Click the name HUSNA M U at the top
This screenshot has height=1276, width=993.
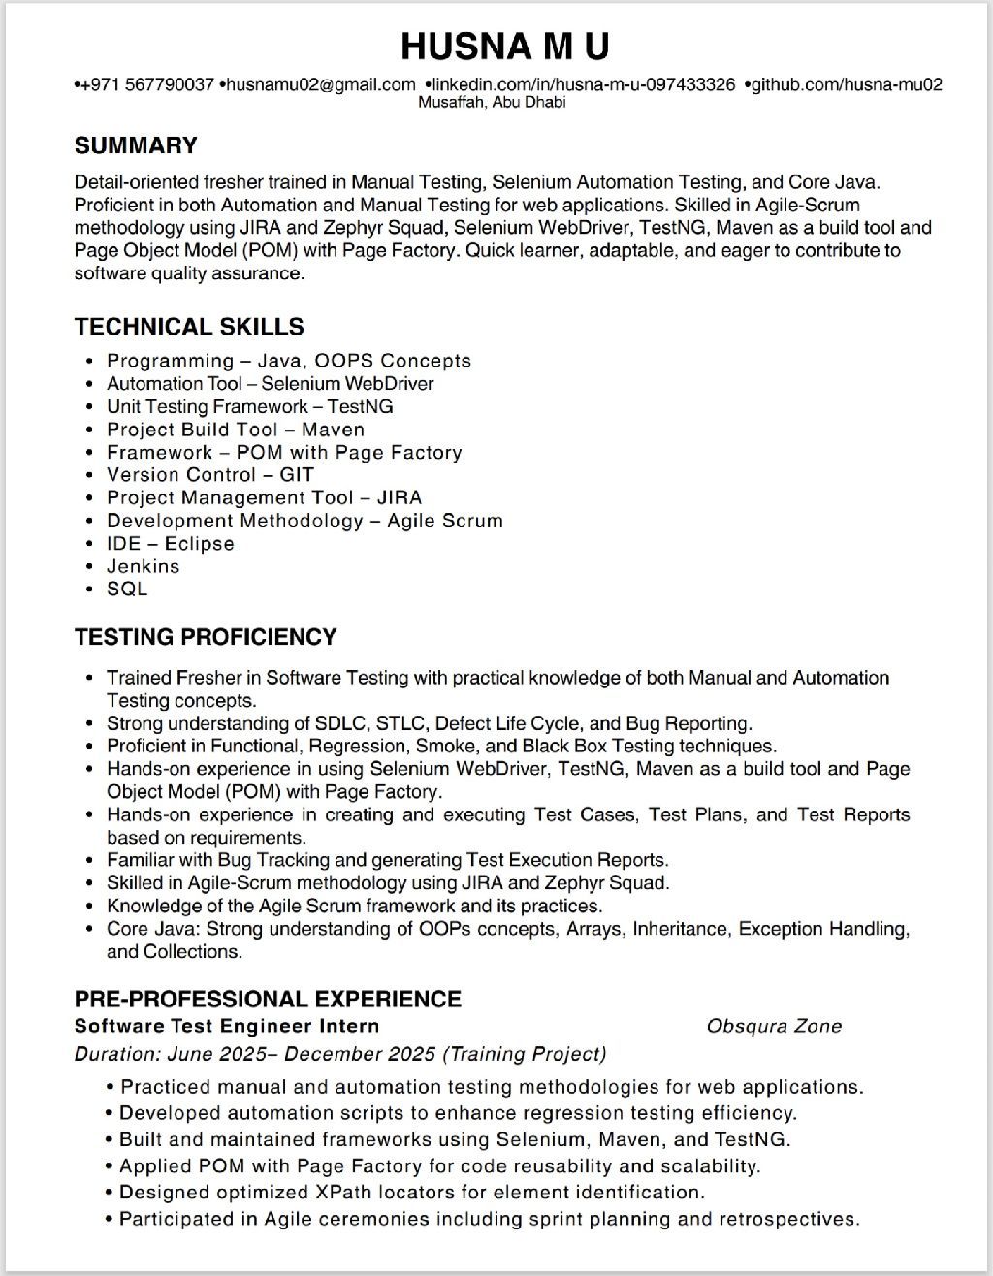(x=504, y=46)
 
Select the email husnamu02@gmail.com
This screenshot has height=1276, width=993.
(x=321, y=85)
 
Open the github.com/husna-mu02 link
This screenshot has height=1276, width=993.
(x=846, y=85)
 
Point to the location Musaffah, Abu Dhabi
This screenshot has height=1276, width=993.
(x=492, y=103)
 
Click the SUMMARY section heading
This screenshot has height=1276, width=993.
(x=136, y=146)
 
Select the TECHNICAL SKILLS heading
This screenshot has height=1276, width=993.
(x=189, y=327)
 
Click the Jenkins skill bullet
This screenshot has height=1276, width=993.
(x=143, y=566)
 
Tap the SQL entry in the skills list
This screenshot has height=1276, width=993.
(x=127, y=590)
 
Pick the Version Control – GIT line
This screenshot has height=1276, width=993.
(x=210, y=475)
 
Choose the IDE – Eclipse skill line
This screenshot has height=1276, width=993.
(x=171, y=544)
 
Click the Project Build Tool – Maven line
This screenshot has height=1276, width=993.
(x=236, y=430)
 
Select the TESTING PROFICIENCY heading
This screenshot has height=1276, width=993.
(x=206, y=637)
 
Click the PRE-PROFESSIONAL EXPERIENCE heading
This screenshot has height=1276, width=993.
(x=268, y=999)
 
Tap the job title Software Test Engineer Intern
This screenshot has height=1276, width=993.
(x=227, y=1026)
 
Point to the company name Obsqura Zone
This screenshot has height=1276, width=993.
(x=774, y=1026)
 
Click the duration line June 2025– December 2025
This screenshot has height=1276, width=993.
(x=339, y=1054)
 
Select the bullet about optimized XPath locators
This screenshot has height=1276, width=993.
(x=412, y=1193)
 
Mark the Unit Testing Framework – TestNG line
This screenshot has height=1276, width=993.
(x=250, y=406)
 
